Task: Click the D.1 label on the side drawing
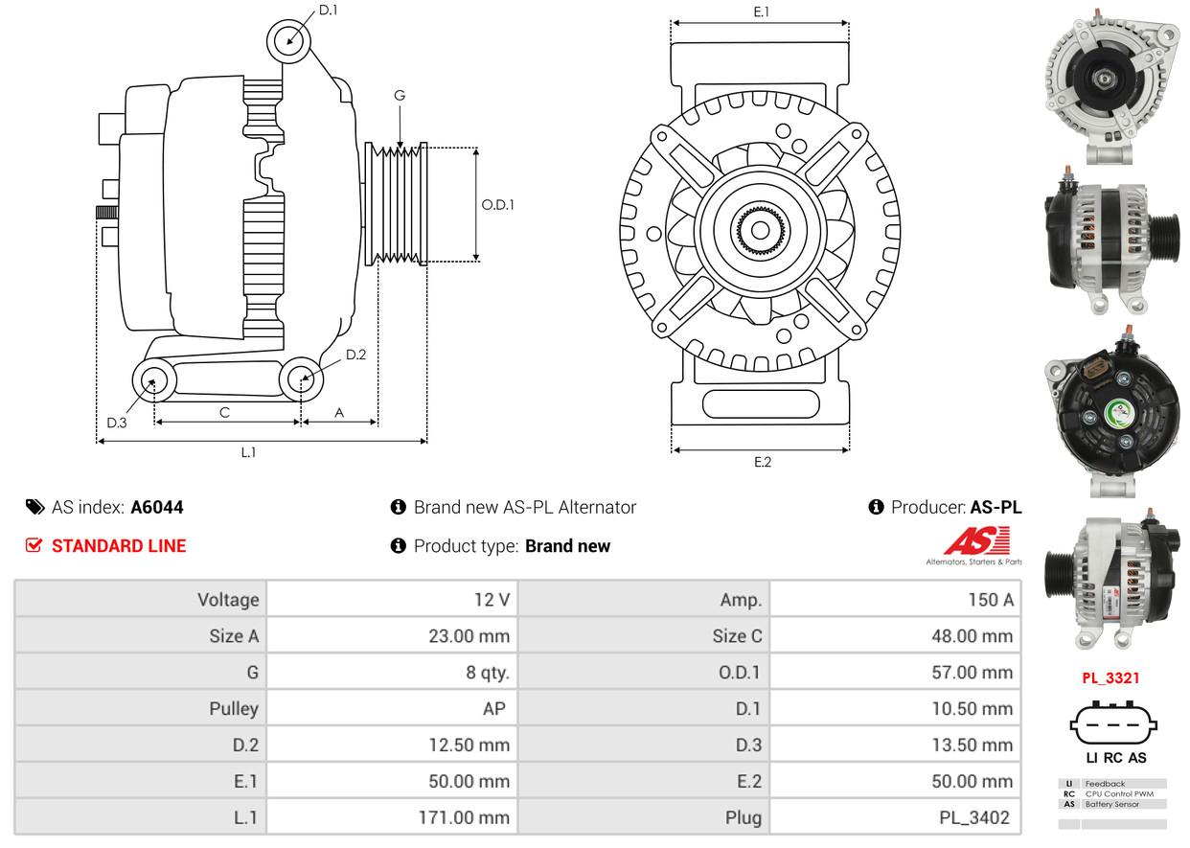[328, 11]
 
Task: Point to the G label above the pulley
[400, 95]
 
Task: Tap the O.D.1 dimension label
[497, 204]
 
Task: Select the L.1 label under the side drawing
[248, 452]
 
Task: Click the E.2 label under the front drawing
[762, 462]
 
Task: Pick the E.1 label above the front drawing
[762, 11]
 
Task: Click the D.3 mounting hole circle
[152, 381]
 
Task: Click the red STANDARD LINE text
[119, 546]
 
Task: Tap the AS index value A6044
[157, 508]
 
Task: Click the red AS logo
[975, 542]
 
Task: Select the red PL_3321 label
[1111, 678]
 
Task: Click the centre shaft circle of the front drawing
[760, 231]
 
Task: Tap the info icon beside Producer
[876, 508]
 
